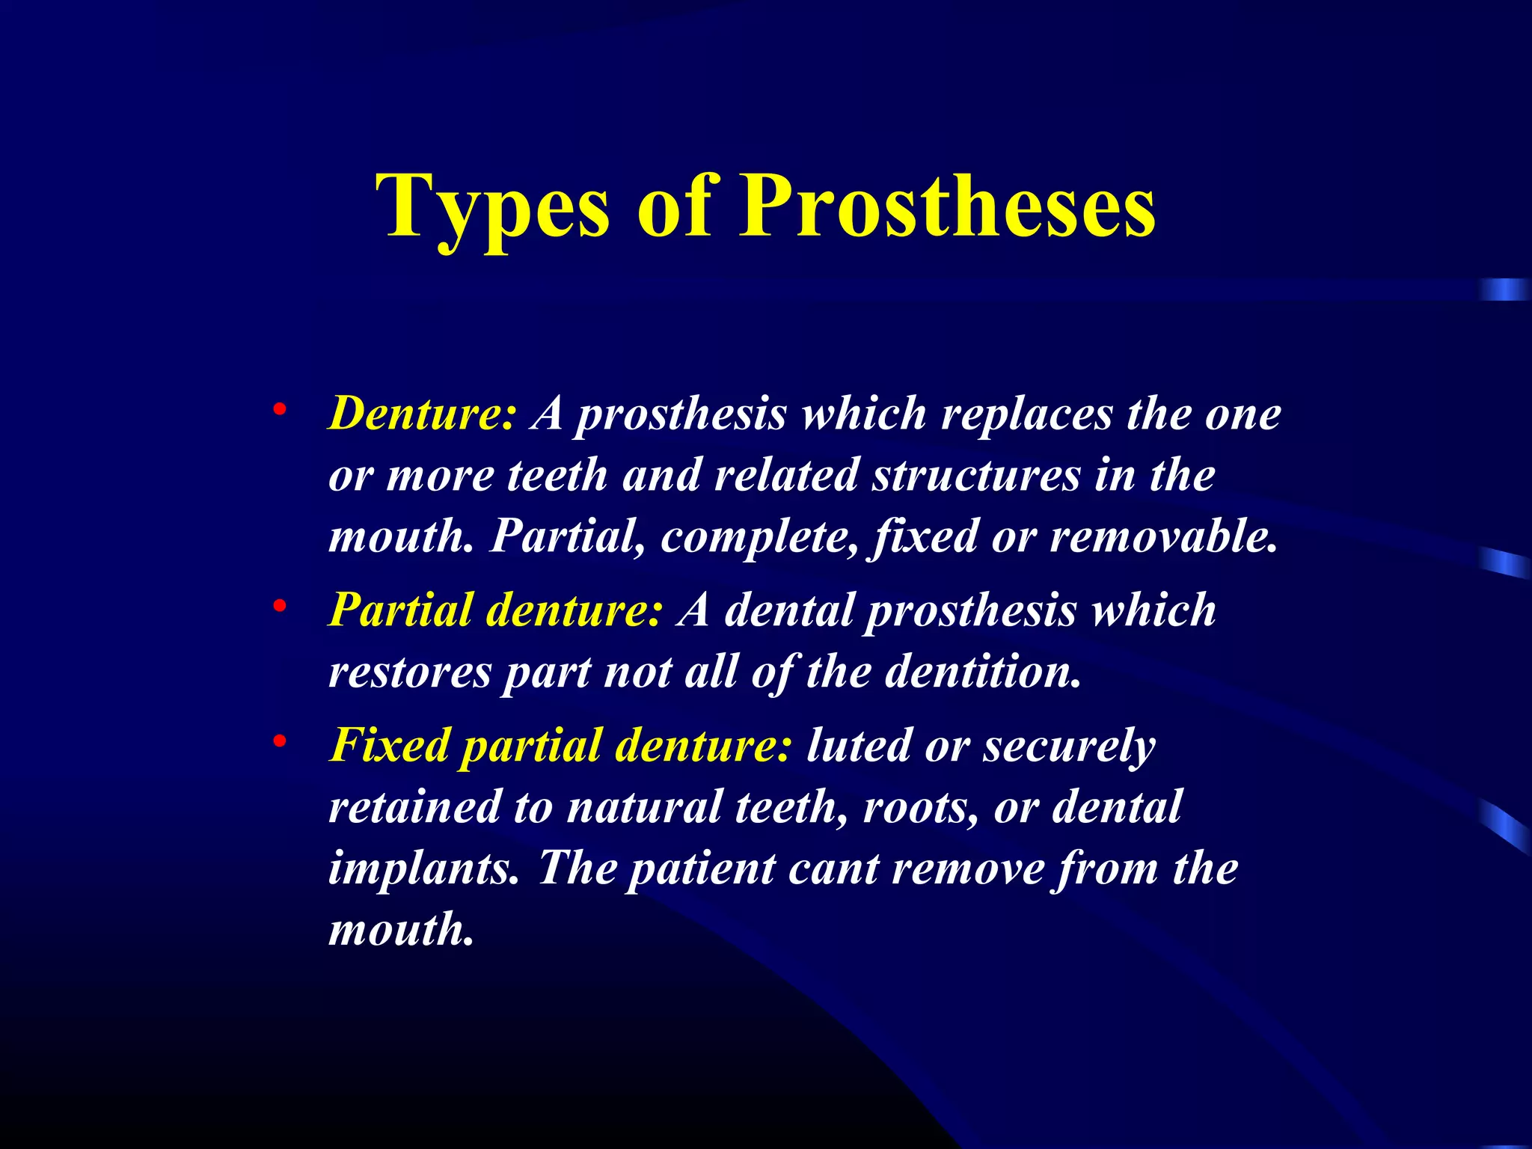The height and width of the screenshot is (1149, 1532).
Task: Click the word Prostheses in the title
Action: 948,206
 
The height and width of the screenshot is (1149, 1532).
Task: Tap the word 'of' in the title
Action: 673,206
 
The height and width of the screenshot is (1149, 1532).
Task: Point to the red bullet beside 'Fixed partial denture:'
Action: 279,741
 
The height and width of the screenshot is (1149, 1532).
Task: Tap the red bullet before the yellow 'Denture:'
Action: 279,409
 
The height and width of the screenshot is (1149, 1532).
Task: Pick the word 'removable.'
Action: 1164,536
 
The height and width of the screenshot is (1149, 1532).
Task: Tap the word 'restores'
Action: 410,672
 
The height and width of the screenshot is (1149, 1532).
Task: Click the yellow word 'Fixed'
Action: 390,745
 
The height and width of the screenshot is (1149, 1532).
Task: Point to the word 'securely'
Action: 1069,747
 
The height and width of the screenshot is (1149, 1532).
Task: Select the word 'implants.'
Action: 423,869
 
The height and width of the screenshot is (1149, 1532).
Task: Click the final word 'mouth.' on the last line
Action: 402,929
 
